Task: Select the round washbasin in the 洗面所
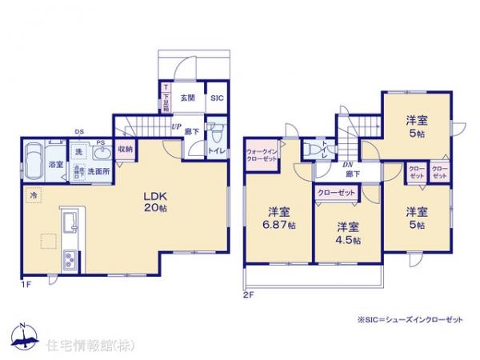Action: point(98,154)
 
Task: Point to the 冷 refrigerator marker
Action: point(34,194)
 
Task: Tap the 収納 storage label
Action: point(126,149)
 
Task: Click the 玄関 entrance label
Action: point(187,97)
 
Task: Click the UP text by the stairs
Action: point(175,126)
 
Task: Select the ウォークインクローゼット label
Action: point(261,153)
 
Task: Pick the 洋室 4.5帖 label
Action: point(347,232)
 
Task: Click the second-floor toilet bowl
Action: point(313,150)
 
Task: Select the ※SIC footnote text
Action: point(411,318)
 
